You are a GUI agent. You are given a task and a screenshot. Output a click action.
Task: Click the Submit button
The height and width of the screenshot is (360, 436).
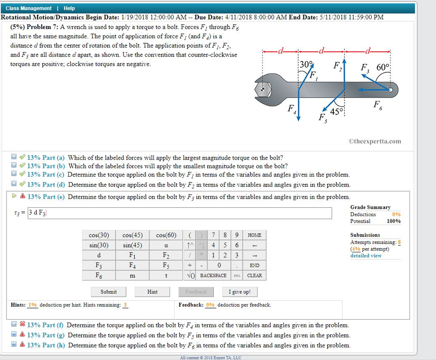point(109,292)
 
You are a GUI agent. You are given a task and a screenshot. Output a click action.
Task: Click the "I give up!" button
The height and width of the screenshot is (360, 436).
point(240,292)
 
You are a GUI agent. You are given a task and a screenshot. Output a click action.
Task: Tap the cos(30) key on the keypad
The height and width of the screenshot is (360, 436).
point(99,235)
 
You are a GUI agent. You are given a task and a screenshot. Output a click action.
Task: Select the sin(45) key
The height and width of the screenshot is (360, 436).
point(132,245)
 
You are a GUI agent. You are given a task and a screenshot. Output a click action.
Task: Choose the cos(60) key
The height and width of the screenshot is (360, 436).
point(166,235)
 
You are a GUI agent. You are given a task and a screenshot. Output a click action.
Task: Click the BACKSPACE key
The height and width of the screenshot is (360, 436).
point(213,276)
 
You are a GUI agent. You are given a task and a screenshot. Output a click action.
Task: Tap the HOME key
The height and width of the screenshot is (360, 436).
point(254,235)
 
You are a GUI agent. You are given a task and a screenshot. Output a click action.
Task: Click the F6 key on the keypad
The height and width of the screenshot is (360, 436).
point(99,276)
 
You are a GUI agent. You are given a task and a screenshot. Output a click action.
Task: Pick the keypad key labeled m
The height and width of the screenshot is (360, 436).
point(132,276)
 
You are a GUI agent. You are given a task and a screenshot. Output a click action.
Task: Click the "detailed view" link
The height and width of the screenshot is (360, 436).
point(366,256)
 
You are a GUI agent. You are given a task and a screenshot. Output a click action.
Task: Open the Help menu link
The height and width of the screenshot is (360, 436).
point(69,9)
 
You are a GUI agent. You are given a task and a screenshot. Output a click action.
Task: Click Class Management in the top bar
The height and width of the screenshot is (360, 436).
point(29,9)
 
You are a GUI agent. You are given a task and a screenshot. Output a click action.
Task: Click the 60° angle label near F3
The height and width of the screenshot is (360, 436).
point(383,67)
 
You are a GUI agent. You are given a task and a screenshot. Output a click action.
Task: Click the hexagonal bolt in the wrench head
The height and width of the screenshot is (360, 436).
point(263,90)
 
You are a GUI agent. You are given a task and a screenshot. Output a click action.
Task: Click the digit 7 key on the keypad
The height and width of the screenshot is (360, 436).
point(213,235)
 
